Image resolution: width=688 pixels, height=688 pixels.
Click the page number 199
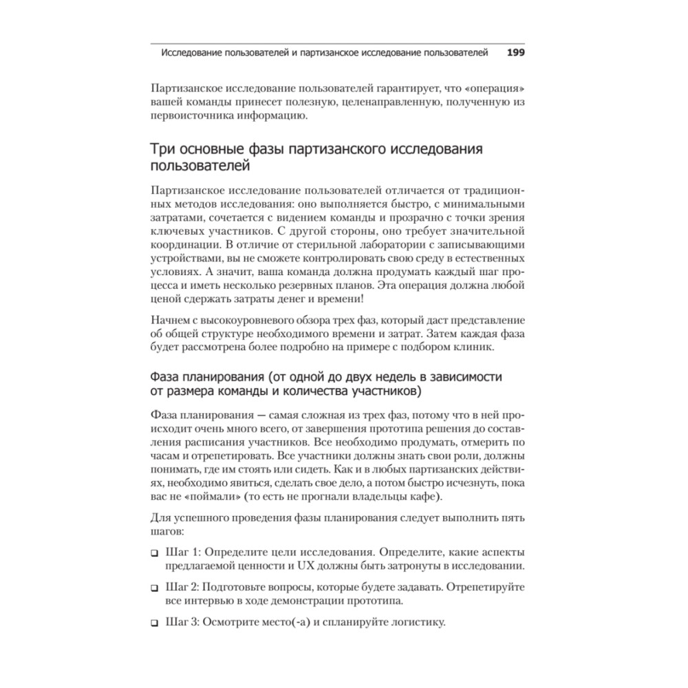coord(516,52)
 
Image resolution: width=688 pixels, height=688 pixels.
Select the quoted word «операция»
coord(495,89)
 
